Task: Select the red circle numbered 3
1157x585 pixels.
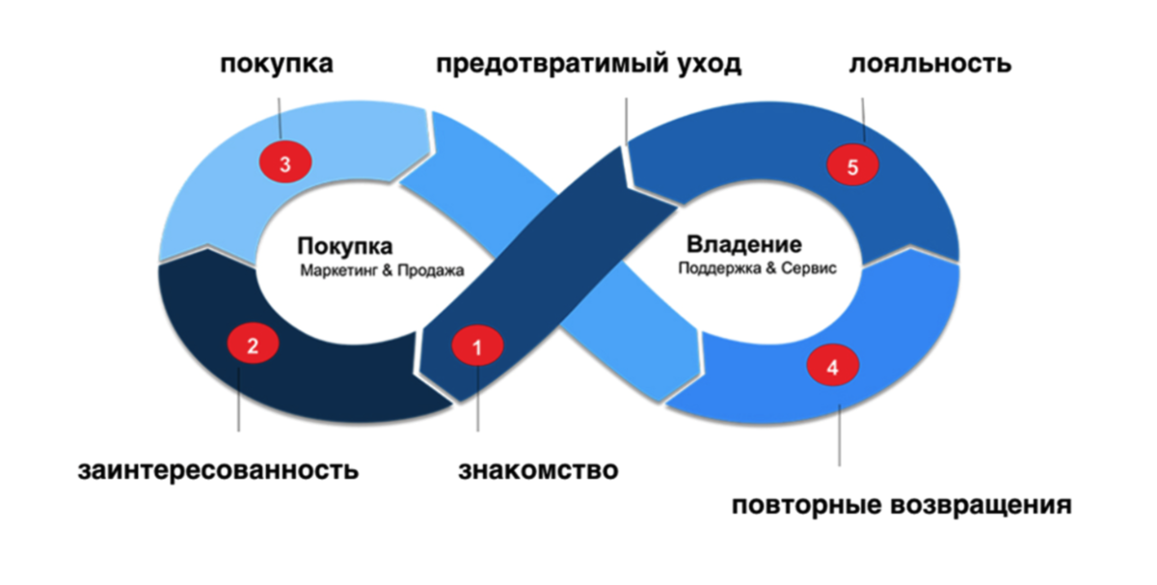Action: pyautogui.click(x=285, y=163)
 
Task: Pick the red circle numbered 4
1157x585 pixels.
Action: pyautogui.click(x=832, y=367)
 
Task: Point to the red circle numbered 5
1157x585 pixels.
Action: pyautogui.click(x=852, y=167)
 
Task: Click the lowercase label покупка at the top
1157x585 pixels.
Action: pyautogui.click(x=278, y=66)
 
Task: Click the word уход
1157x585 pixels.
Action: pyautogui.click(x=712, y=66)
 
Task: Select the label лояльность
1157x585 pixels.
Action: pyautogui.click(x=930, y=66)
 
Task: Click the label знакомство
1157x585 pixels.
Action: pyautogui.click(x=538, y=471)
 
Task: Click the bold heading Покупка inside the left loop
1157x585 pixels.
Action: pyautogui.click(x=345, y=246)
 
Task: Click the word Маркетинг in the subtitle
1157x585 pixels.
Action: pyautogui.click(x=334, y=272)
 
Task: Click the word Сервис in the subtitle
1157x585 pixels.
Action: pyautogui.click(x=809, y=269)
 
